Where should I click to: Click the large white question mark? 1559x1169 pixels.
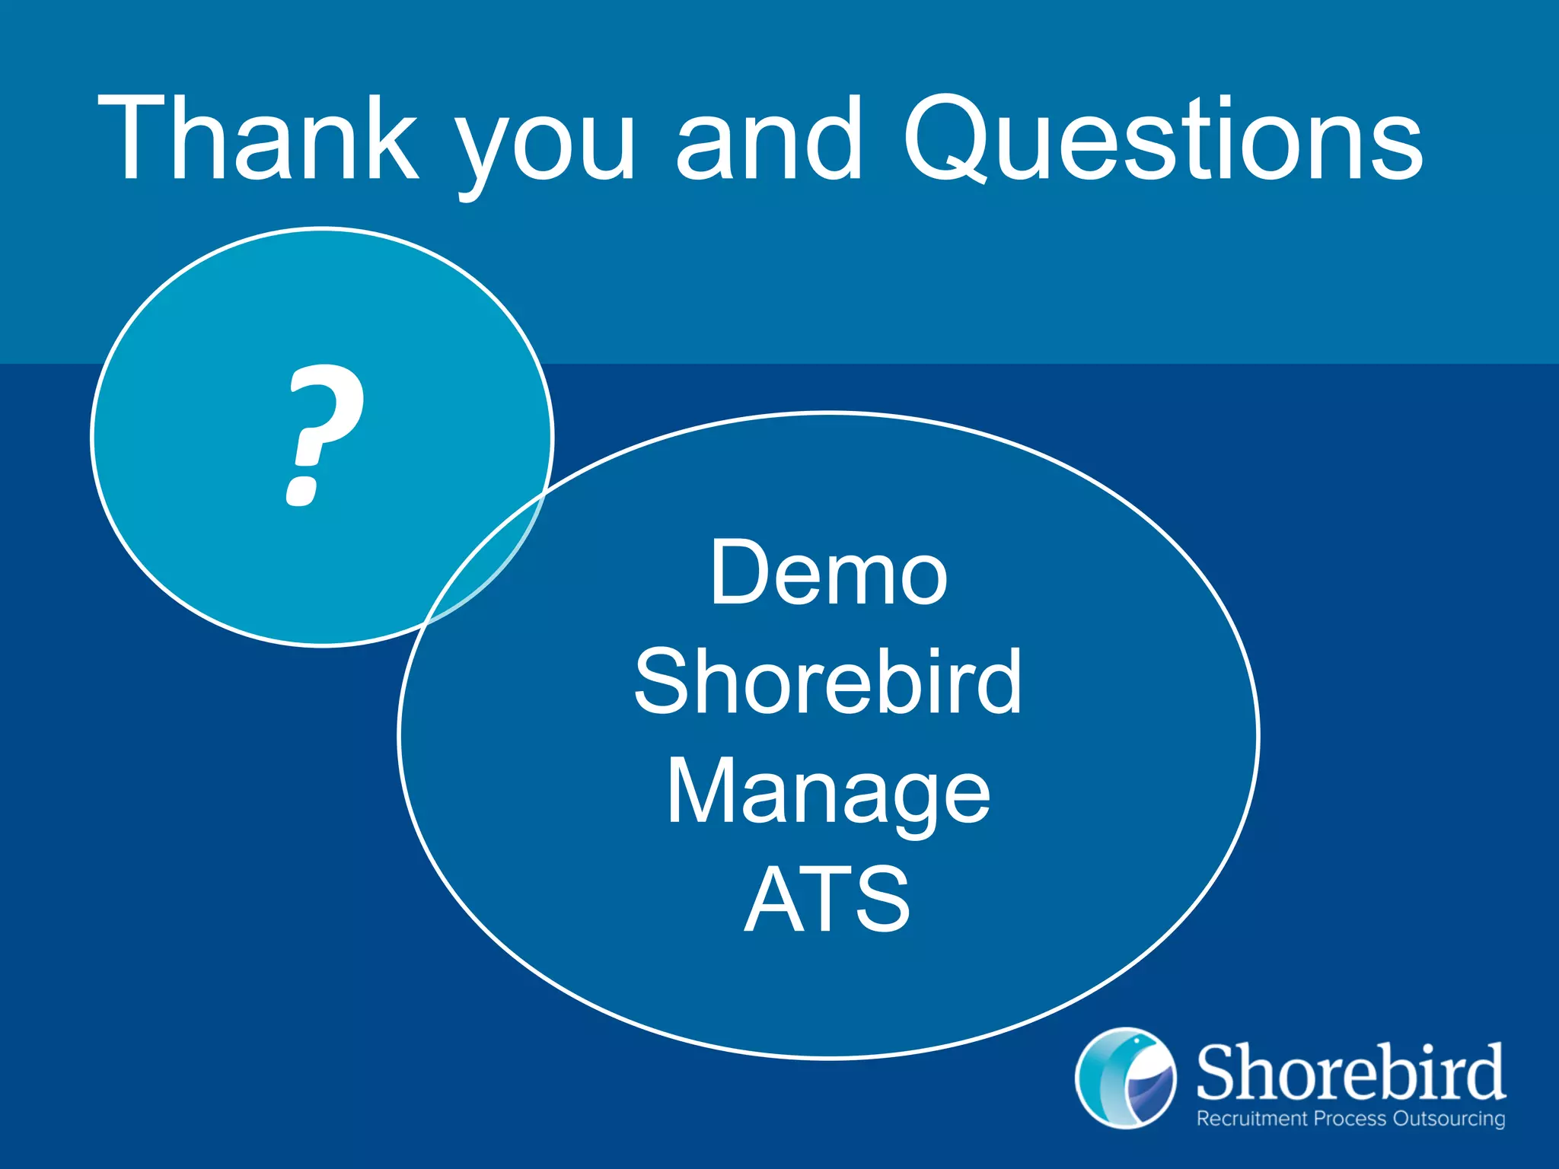click(322, 434)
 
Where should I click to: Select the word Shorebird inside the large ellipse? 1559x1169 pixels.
click(828, 681)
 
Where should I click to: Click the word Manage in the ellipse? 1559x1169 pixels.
click(828, 794)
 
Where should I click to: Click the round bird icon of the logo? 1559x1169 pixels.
click(1125, 1078)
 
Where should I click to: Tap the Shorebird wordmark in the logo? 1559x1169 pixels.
click(1350, 1072)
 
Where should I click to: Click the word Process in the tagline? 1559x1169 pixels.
click(1350, 1119)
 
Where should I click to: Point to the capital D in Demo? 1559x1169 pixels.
click(737, 572)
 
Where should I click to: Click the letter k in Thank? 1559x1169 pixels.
click(392, 139)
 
